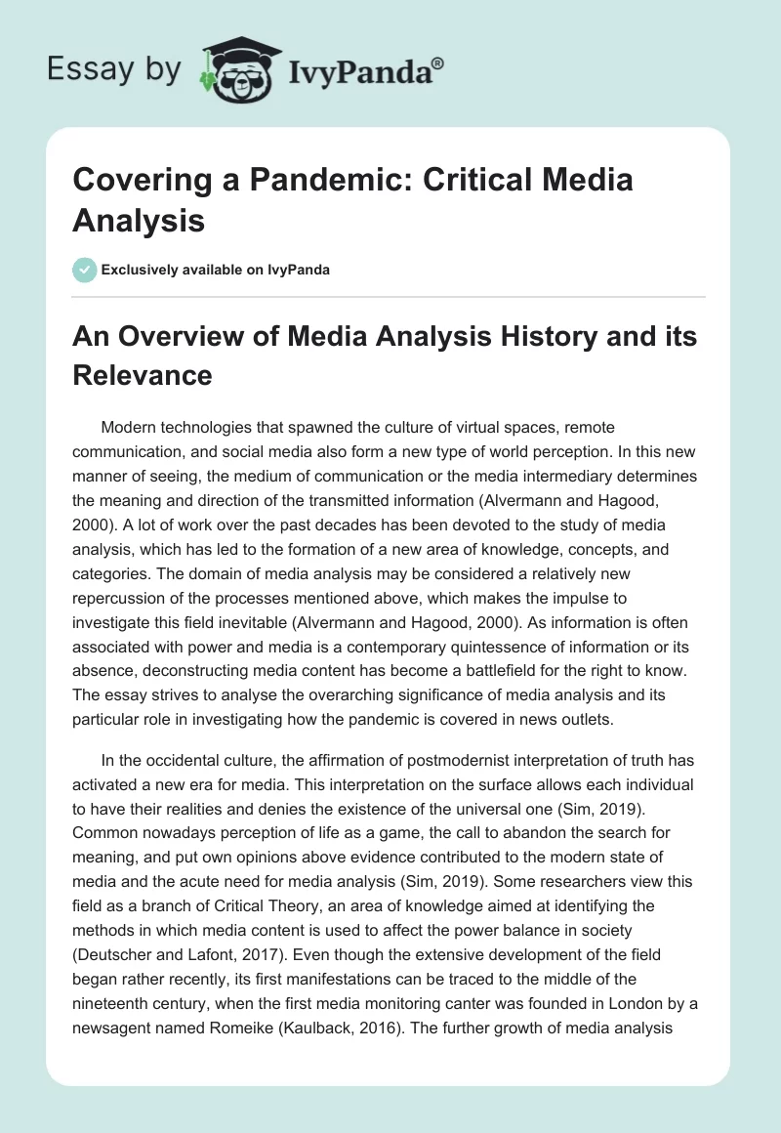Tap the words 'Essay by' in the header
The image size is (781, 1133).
pyautogui.click(x=113, y=70)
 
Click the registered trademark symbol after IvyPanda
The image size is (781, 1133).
pyautogui.click(x=438, y=63)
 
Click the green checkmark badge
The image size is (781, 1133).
pyautogui.click(x=85, y=270)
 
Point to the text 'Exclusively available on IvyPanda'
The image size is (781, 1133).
pyautogui.click(x=217, y=270)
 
